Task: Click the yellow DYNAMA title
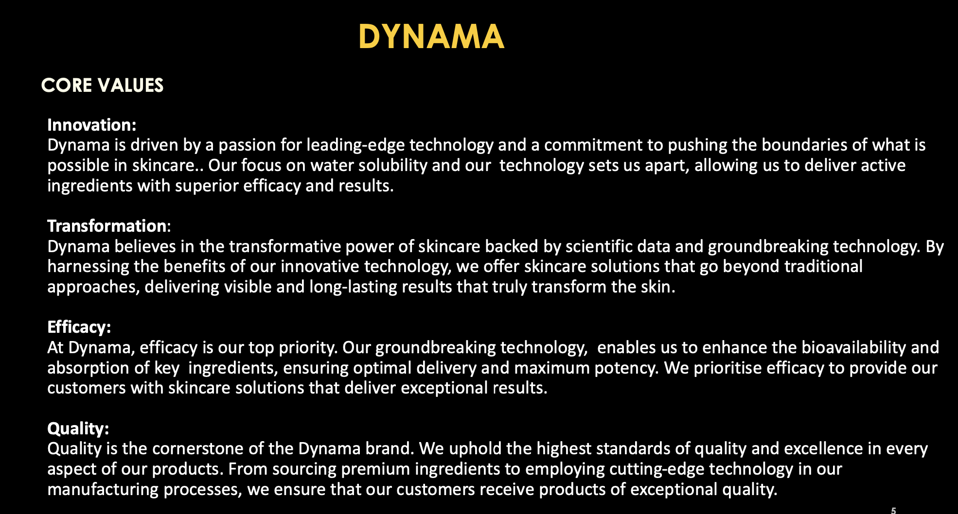pyautogui.click(x=431, y=37)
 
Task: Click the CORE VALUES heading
pyautogui.click(x=102, y=86)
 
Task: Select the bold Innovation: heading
pyautogui.click(x=92, y=125)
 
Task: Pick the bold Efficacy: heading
pyautogui.click(x=79, y=327)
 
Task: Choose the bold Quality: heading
pyautogui.click(x=78, y=428)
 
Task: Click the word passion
pyautogui.click(x=248, y=145)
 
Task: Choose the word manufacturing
pyautogui.click(x=103, y=489)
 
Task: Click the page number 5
pyautogui.click(x=893, y=511)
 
